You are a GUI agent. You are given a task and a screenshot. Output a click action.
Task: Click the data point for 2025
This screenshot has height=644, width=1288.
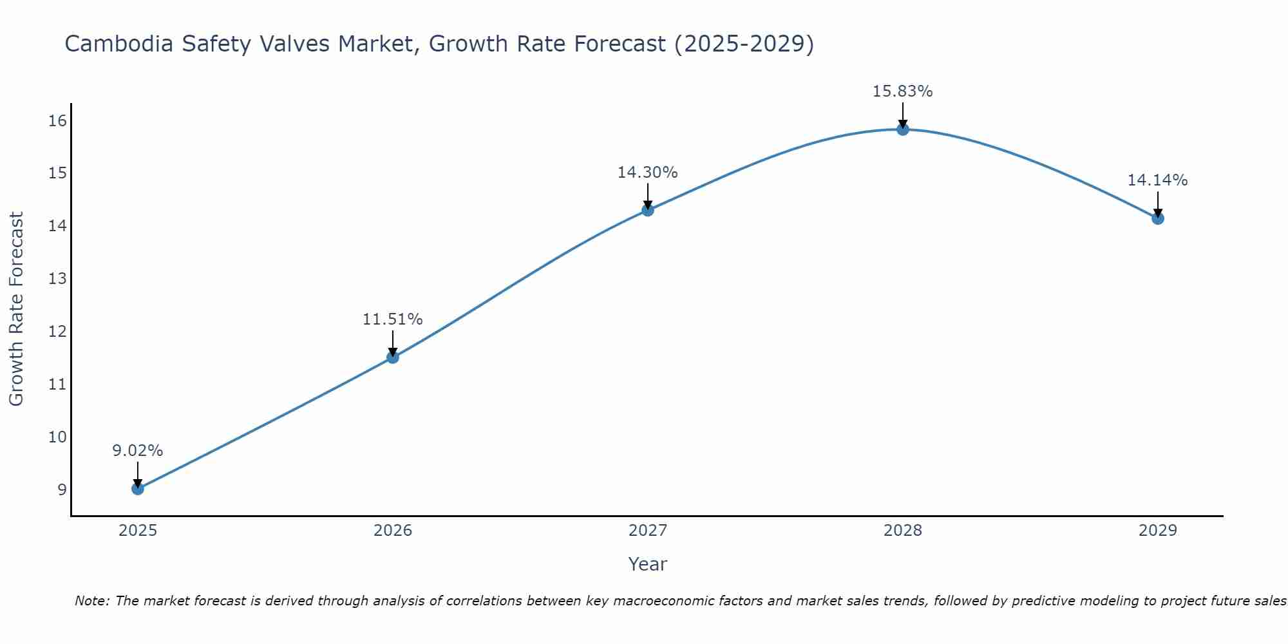[x=138, y=489]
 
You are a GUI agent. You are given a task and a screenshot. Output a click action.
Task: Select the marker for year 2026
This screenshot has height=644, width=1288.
[x=393, y=357]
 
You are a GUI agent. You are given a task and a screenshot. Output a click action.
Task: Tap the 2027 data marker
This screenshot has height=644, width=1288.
[x=648, y=210]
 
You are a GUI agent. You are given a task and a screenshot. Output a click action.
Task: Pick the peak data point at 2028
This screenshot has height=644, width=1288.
[x=903, y=129]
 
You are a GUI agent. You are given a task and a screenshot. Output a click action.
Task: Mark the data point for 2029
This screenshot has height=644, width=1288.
[x=1158, y=218]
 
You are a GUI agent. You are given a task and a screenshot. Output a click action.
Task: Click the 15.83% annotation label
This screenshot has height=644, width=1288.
[x=902, y=91]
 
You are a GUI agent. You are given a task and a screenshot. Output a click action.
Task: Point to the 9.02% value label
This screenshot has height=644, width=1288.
[x=138, y=451]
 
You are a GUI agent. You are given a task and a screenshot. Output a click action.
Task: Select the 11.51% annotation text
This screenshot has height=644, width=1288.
[x=392, y=319]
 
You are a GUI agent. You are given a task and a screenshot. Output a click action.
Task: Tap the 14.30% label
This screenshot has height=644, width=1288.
[x=647, y=173]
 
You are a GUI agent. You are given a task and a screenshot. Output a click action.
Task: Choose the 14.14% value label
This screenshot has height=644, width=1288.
[x=1157, y=180]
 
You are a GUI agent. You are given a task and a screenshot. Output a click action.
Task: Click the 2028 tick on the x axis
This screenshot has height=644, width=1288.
[x=903, y=531]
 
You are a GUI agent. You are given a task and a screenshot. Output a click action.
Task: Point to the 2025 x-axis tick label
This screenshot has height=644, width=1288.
[x=138, y=531]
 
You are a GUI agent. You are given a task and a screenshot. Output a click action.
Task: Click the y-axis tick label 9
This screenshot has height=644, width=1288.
[x=62, y=489]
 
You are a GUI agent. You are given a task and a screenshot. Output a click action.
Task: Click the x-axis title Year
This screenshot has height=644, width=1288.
[x=647, y=564]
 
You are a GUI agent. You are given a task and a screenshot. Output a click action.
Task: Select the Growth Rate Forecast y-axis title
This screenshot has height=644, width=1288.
[x=17, y=309]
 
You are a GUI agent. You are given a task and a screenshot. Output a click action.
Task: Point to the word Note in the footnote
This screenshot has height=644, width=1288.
[x=92, y=601]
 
